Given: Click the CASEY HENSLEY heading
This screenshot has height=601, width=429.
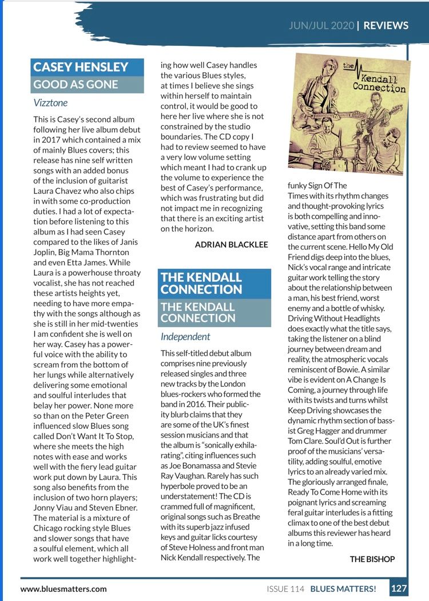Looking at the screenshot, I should coord(81,67).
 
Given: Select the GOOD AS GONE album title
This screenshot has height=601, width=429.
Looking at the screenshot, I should coord(76,85).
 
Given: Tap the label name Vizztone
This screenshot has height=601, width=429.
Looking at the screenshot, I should coord(50,104).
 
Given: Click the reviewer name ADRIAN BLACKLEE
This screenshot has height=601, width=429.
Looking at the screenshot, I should coord(231,245).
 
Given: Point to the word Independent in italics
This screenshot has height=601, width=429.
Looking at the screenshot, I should coord(185,337).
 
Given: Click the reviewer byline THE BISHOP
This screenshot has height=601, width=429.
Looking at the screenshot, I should coord(372,559).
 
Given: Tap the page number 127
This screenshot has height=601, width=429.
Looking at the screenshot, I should coord(399,588).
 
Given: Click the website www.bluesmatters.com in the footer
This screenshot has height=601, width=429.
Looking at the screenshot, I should coord(63,588).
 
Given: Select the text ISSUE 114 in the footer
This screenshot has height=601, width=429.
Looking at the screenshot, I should coord(285,588).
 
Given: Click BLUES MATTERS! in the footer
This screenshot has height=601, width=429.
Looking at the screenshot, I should coord(343,588).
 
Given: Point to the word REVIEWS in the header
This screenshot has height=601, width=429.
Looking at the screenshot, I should coord(386,25).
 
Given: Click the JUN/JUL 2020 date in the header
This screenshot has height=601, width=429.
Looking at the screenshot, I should coord(321,25).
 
